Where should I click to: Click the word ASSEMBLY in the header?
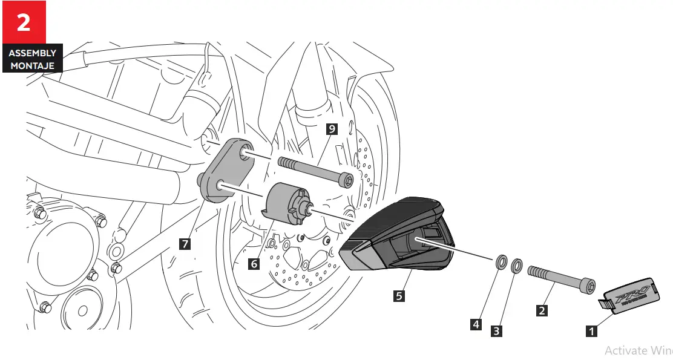pos(32,53)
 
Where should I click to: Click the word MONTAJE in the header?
pos(32,65)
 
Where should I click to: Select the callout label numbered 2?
pos(542,310)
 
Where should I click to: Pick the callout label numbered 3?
pos(496,331)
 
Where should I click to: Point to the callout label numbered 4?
pos(476,324)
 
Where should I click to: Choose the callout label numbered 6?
pos(254,264)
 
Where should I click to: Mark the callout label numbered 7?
pos(185,244)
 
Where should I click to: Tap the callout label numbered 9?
pos(331,128)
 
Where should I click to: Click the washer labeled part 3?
pos(516,266)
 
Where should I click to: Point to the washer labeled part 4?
pos(501,263)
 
